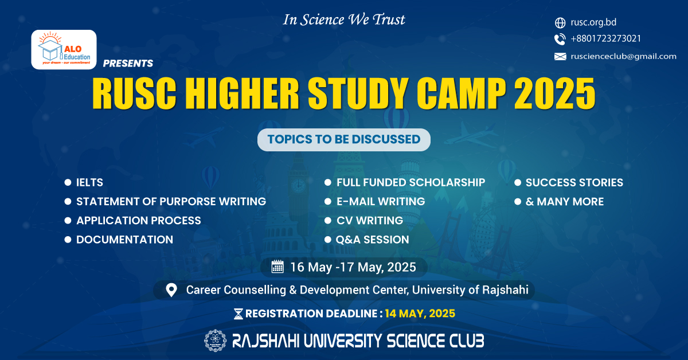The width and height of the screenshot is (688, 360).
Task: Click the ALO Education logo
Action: coord(64,49)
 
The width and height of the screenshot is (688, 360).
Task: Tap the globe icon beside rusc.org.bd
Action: coord(560,23)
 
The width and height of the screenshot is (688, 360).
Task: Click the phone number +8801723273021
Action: coord(605,39)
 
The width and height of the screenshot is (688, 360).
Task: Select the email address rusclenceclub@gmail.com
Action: coord(624,57)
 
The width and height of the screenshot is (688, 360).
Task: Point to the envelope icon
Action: coord(560,57)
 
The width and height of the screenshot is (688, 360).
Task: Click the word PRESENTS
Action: coord(128,63)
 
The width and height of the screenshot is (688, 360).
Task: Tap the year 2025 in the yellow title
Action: coord(555,93)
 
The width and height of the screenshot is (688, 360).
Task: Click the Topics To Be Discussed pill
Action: coord(343,139)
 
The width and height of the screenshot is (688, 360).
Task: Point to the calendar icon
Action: coord(277,267)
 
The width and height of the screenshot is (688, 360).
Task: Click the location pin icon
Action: coord(171,290)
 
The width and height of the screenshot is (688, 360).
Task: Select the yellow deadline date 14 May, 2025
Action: coord(420,314)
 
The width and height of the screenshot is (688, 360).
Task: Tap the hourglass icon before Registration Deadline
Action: coord(239,314)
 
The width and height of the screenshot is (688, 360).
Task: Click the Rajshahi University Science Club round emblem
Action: coord(216,341)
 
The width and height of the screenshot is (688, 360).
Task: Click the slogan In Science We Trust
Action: coord(344,20)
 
